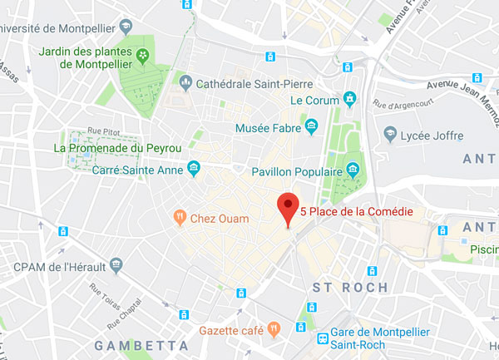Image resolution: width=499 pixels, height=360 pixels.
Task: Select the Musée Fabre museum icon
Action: (x=312, y=127)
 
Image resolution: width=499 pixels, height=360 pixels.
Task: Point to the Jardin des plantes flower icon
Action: (x=143, y=57)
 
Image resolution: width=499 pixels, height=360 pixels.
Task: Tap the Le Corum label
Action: (x=314, y=101)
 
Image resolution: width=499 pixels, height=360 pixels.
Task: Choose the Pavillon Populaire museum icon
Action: (x=353, y=171)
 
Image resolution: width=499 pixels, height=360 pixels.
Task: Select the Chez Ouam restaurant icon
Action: (x=178, y=218)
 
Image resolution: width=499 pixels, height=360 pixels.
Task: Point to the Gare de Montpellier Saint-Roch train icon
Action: (x=321, y=338)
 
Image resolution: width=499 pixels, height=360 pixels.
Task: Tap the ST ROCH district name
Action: (x=349, y=288)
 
